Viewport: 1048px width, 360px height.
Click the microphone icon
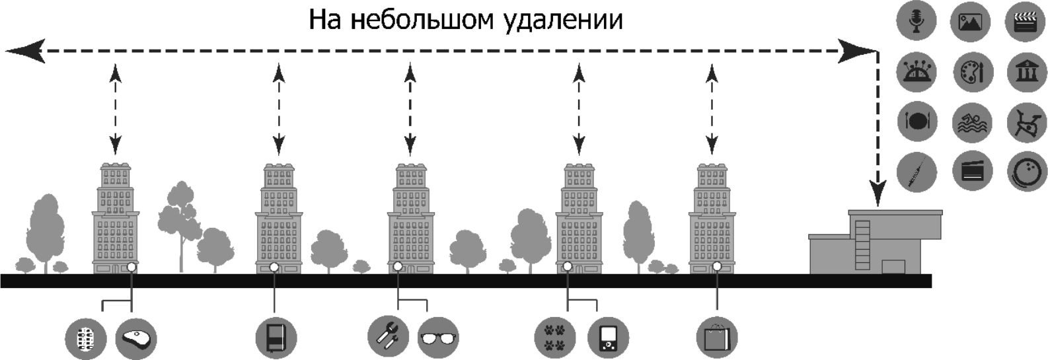click(917, 20)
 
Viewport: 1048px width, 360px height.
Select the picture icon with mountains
click(970, 22)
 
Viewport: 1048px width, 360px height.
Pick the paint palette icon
click(973, 71)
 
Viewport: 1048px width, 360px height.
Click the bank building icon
click(1026, 71)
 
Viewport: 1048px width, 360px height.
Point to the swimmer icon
click(972, 123)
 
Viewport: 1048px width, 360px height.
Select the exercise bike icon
click(1026, 122)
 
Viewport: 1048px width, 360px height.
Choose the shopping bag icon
click(716, 338)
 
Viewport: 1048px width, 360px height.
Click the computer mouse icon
click(136, 338)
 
